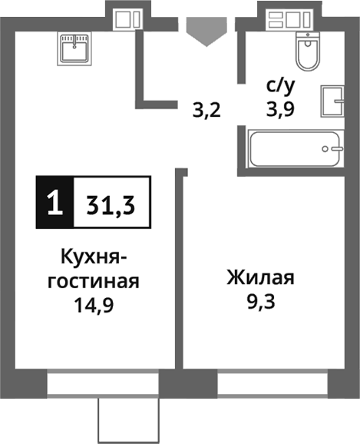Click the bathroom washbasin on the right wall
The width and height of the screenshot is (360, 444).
(x=334, y=101)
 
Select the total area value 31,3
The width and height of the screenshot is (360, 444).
(x=111, y=204)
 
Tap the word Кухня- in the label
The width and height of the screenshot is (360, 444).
(x=92, y=257)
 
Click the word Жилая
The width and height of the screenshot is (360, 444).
(x=261, y=277)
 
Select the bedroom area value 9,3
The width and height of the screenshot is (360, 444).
(x=261, y=300)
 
